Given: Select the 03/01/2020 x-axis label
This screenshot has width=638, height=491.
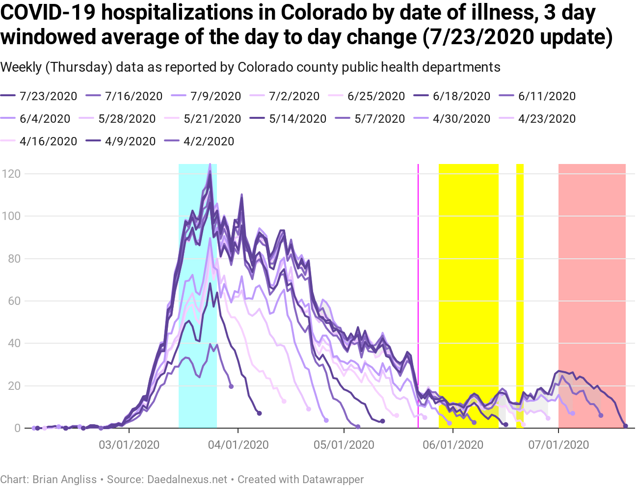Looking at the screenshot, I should point(129,445).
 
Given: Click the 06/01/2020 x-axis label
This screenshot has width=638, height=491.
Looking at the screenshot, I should point(453,445).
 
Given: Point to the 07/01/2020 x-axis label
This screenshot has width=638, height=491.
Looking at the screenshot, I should point(558,445).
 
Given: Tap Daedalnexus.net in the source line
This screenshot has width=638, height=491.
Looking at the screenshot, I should point(187,479).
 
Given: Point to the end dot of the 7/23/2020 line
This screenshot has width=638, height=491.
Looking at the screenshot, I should point(625,426).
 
